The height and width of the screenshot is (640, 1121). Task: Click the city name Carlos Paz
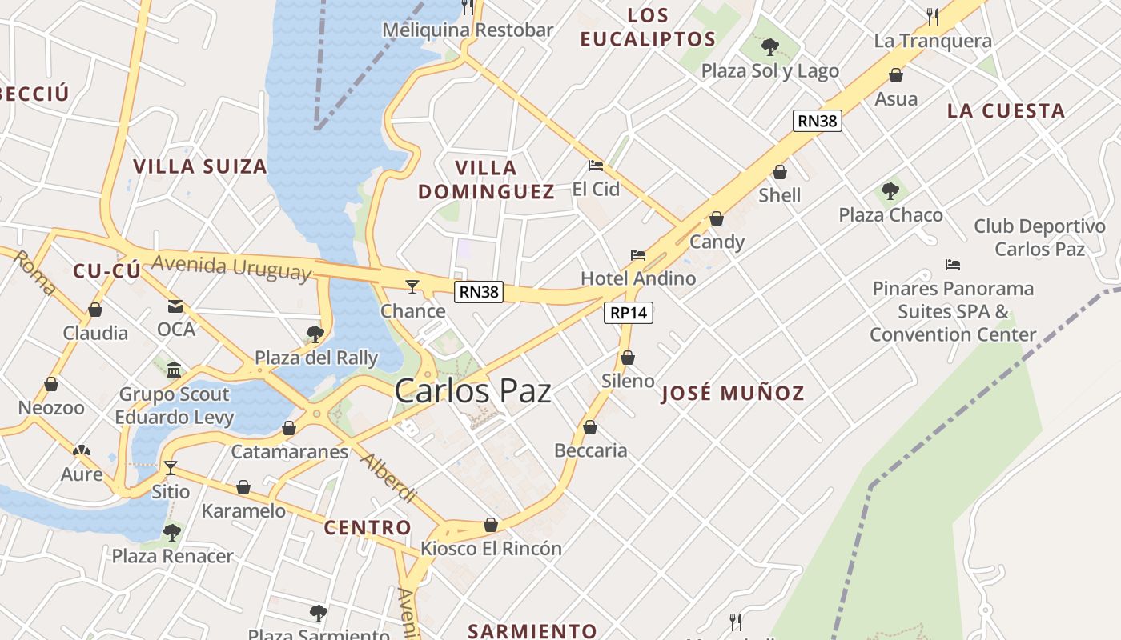point(472,391)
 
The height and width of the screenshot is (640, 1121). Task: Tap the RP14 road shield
point(628,313)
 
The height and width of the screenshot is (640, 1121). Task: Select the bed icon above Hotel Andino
point(638,255)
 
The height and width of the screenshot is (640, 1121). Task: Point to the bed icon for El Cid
point(596,166)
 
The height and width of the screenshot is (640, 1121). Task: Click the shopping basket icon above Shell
point(779,172)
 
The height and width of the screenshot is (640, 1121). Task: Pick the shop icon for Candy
point(717,218)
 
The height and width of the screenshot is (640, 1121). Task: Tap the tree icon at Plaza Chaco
point(890,191)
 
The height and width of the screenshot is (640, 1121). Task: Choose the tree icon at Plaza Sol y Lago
point(770,47)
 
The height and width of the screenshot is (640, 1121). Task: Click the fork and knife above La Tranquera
point(933,16)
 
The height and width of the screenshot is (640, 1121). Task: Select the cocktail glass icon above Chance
point(412,286)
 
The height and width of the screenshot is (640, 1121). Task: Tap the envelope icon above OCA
point(175,306)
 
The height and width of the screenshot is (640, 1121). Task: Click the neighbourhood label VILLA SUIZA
point(199,166)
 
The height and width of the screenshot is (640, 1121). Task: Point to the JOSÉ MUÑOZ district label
point(732,393)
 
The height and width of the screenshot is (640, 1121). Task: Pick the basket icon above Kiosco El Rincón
point(491,525)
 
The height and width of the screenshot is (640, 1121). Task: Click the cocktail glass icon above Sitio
point(170,467)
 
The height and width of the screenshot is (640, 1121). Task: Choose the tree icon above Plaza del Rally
point(315,334)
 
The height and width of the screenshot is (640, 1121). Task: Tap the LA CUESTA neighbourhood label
point(1006,111)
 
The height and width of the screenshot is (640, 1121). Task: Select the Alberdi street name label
point(388,478)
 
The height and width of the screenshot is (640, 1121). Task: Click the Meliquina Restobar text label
point(468,30)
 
